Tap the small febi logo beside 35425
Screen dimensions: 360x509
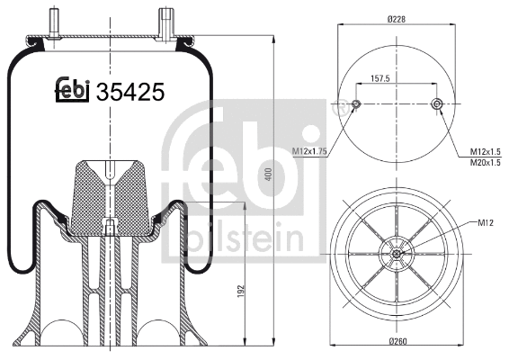[x=73, y=90]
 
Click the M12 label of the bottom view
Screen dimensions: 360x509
[x=487, y=222]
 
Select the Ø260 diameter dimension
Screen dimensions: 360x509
[x=397, y=342]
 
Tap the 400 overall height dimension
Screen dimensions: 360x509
[x=268, y=175]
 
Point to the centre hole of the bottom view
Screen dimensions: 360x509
[x=397, y=254]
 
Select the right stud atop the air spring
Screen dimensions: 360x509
[x=166, y=21]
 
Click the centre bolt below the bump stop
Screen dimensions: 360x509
[x=110, y=228]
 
